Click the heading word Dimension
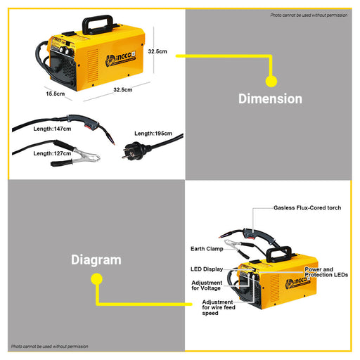[x=270, y=99]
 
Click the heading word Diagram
[x=96, y=259]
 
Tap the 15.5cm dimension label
[x=56, y=94]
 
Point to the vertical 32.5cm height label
[x=157, y=51]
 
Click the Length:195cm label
[x=153, y=133]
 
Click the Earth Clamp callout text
[x=207, y=248]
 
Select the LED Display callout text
[x=207, y=269]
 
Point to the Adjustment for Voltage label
[x=207, y=285]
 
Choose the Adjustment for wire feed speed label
[x=218, y=307]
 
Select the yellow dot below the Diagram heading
[x=97, y=279]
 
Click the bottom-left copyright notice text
[x=49, y=346]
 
